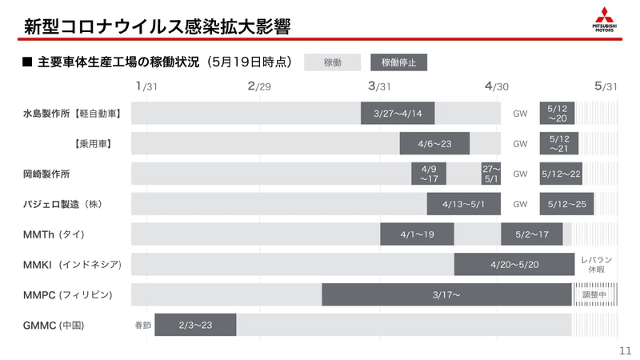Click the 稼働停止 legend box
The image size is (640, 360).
tap(398, 62)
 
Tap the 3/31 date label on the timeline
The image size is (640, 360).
tap(379, 86)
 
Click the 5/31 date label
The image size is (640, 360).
tap(606, 86)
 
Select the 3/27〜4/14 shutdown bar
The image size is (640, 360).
tap(397, 114)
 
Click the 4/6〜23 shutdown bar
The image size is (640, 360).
tap(434, 144)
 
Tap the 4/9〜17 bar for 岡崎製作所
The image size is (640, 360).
tap(429, 174)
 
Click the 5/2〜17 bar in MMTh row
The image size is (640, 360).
tap(531, 234)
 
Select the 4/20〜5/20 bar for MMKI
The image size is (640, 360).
tap(514, 264)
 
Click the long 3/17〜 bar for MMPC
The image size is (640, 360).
tap(446, 294)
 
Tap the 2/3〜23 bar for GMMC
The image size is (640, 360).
tap(195, 325)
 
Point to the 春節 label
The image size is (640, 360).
tap(142, 326)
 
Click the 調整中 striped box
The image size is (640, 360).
tap(594, 294)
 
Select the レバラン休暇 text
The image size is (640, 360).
tap(596, 265)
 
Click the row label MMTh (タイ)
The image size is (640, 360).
tap(54, 234)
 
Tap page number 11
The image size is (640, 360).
tap(626, 350)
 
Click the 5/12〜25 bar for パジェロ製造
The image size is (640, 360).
tap(567, 204)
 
